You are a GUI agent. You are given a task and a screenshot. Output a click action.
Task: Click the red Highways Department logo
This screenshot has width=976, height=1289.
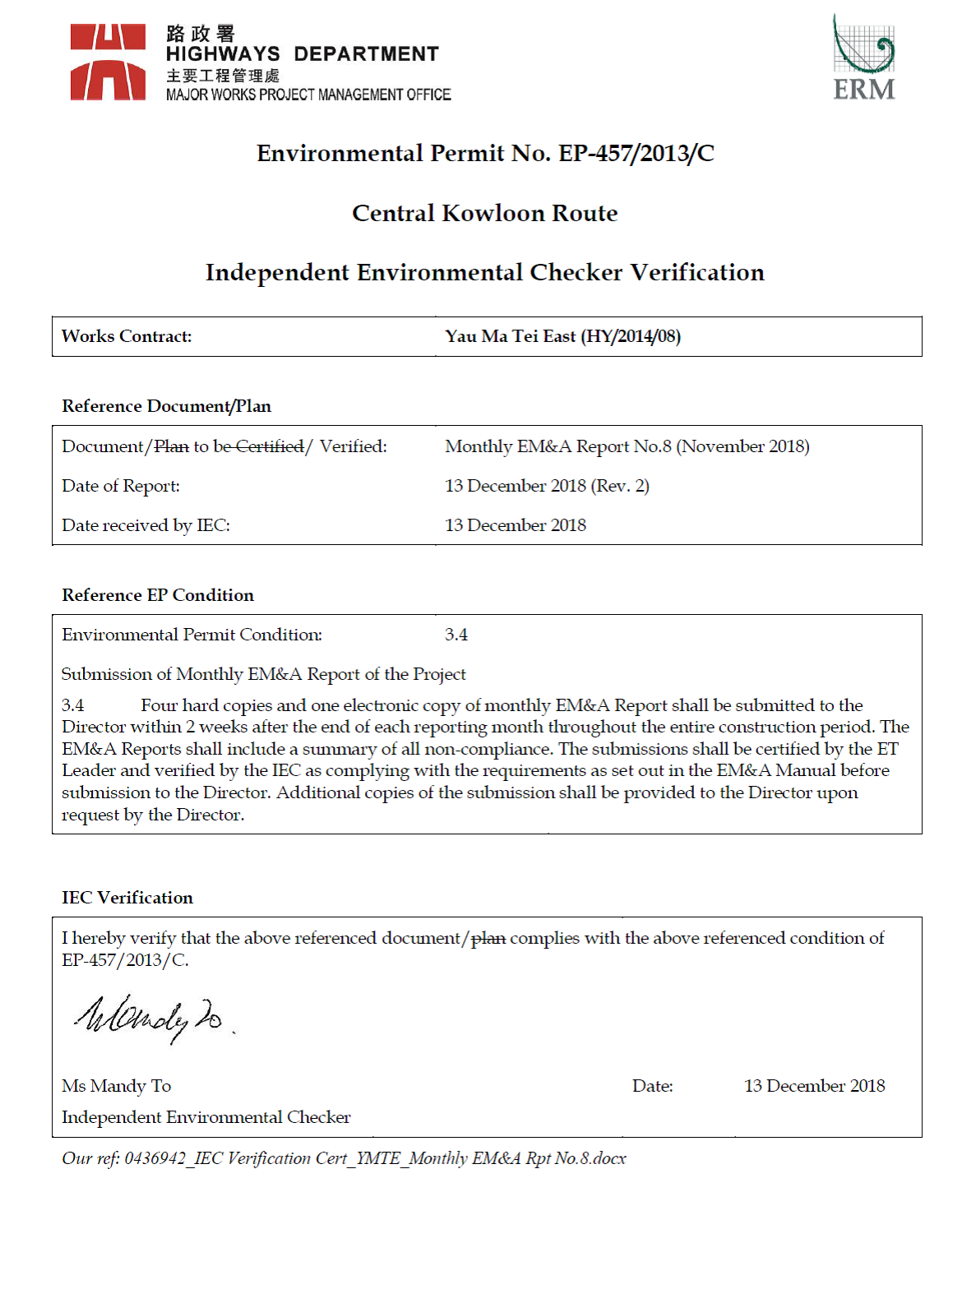click(108, 62)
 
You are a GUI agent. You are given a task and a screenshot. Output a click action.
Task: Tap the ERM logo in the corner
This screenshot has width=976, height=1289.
click(863, 58)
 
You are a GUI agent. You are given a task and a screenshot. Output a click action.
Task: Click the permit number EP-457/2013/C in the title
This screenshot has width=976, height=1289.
click(636, 154)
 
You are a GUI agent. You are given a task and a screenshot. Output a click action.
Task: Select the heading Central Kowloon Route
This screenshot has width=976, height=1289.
click(484, 214)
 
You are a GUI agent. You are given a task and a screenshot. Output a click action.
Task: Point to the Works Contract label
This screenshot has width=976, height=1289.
click(127, 336)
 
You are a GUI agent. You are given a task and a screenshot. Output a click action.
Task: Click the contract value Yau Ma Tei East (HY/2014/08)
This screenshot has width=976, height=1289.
click(562, 336)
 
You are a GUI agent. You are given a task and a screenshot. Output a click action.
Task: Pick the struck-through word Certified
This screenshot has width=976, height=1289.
click(270, 446)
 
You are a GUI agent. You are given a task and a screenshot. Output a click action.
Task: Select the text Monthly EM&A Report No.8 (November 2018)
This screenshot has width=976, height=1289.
click(627, 446)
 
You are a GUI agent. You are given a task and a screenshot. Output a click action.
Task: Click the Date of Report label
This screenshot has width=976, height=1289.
click(121, 486)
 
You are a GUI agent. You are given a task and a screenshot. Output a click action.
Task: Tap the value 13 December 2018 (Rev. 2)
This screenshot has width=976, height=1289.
click(547, 486)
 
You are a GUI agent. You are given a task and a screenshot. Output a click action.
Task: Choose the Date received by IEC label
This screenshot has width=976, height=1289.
click(146, 525)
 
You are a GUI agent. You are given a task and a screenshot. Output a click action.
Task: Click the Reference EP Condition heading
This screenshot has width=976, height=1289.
click(158, 595)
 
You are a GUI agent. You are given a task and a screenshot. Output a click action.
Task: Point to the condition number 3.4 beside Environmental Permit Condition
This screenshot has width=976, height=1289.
click(456, 635)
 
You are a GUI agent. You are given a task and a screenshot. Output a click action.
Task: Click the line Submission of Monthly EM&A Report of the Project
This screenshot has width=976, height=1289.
click(263, 674)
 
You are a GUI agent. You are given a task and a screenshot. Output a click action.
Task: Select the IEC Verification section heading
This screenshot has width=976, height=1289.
click(127, 898)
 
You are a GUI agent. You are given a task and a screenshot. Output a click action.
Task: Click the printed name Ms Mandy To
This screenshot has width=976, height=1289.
click(116, 1086)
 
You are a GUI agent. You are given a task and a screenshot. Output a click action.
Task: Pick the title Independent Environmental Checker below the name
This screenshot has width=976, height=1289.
click(206, 1117)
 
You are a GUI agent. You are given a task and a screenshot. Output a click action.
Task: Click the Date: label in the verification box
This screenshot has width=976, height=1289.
click(652, 1086)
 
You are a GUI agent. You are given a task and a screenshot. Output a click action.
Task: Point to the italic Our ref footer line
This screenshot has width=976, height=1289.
click(344, 1158)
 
